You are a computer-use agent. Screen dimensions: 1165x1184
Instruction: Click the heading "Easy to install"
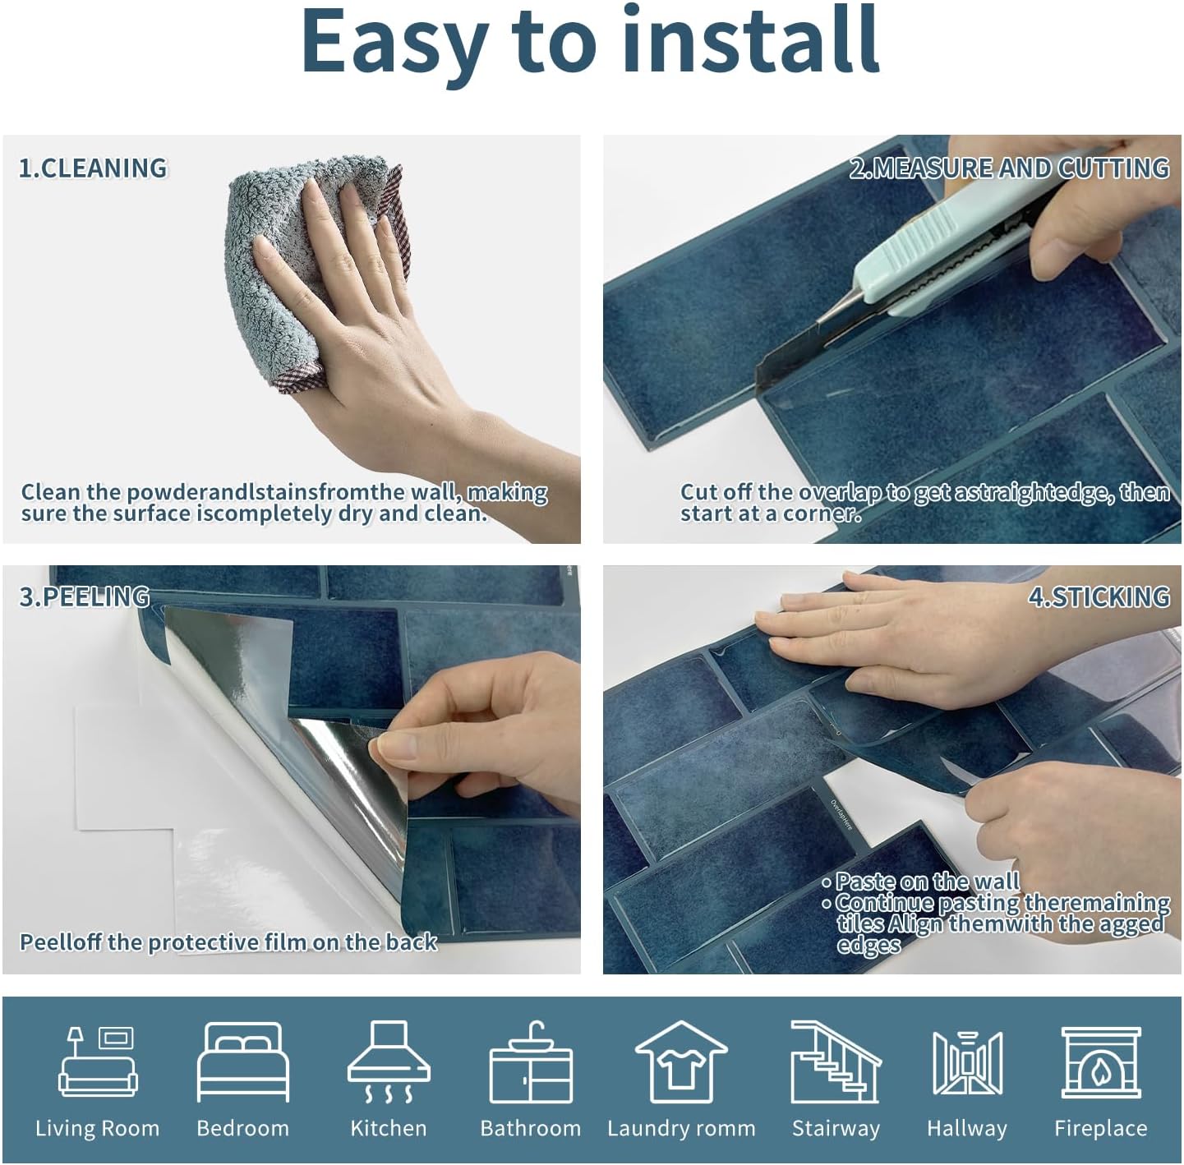click(x=590, y=41)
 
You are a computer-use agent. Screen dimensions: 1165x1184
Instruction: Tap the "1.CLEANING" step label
click(x=93, y=168)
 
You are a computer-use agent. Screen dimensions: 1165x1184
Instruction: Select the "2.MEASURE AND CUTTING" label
click(x=1009, y=168)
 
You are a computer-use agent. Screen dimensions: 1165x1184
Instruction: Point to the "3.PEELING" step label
click(x=84, y=596)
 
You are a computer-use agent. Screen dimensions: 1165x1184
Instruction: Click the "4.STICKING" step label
click(x=1099, y=596)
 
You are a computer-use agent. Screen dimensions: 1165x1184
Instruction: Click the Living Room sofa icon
click(x=98, y=1063)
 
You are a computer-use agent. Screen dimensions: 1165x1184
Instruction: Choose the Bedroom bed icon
click(x=243, y=1063)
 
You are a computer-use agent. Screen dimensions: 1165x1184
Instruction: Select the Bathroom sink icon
click(x=530, y=1063)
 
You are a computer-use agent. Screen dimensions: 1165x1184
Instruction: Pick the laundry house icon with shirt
click(x=681, y=1063)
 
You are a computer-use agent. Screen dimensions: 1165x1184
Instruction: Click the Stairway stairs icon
click(x=835, y=1063)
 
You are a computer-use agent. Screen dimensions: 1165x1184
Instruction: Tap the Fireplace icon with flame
click(x=1100, y=1063)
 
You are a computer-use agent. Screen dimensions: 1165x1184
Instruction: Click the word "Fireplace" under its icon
click(x=1100, y=1129)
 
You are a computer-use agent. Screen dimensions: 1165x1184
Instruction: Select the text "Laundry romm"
click(x=681, y=1129)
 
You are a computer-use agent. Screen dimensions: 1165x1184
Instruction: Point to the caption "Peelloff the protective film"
click(x=228, y=942)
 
